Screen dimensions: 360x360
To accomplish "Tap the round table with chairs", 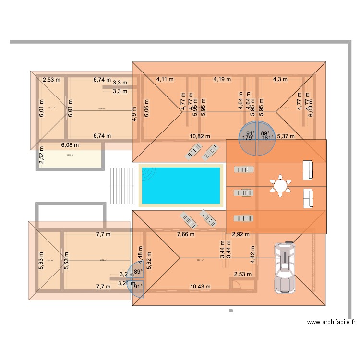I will [x=280, y=185].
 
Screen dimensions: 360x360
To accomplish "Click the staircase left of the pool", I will [x=120, y=186].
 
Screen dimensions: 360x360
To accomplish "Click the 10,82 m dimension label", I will [x=200, y=136].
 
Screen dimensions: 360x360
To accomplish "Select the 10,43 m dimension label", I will [x=200, y=287].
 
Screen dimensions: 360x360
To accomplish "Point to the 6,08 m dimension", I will [x=71, y=144].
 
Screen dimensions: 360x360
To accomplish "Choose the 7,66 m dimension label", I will [x=186, y=234].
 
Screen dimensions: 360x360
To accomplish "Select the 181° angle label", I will [x=267, y=138].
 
